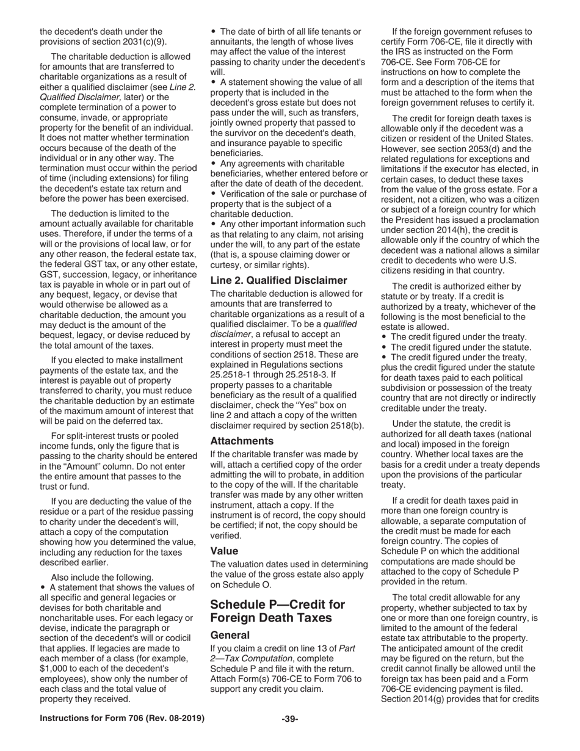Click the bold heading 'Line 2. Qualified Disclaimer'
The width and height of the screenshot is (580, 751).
tap(278, 280)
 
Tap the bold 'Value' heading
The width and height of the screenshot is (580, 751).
tap(224, 551)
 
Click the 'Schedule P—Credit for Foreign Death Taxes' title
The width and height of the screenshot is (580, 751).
tap(278, 611)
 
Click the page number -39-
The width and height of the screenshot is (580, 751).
tap(290, 719)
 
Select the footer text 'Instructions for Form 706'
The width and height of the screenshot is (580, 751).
tap(122, 719)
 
